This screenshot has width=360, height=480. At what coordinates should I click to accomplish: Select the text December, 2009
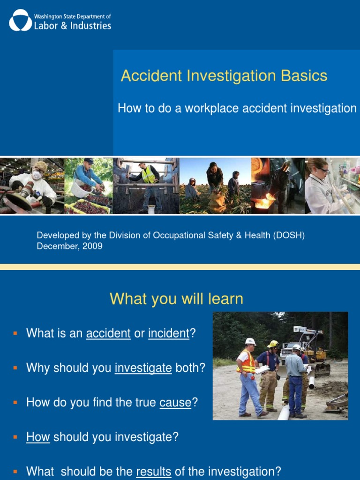pos(69,246)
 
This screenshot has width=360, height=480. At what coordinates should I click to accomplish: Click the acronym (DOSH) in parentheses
pos(288,235)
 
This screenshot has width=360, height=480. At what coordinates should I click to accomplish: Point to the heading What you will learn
pos(176,299)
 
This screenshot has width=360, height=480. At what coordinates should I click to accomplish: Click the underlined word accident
pos(108,333)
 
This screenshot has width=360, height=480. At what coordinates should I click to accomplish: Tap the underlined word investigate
pos(143,368)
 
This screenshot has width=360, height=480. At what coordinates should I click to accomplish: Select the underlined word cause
pos(175,403)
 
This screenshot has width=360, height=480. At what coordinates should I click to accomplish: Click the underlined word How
pos(38,437)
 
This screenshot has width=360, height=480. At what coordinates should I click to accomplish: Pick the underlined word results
pos(153,472)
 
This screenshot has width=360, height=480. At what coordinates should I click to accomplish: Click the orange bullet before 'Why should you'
pos(15,367)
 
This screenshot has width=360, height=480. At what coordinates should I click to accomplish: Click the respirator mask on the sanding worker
pos(37,175)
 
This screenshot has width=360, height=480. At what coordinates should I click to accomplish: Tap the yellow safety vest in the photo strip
pos(148,175)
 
